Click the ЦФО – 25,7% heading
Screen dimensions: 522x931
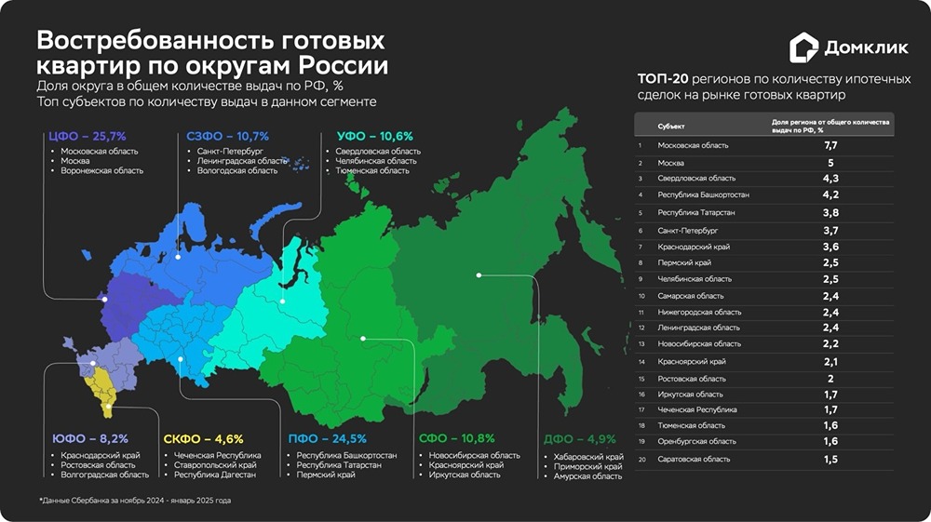(x=87, y=136)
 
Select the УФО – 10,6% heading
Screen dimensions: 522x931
(x=370, y=136)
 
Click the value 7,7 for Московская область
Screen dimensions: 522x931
(x=831, y=145)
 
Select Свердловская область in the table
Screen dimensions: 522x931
(x=696, y=178)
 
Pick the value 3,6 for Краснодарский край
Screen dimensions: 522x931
(x=831, y=246)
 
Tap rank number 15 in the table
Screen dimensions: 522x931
(x=641, y=379)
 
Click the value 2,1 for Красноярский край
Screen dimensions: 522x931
(x=831, y=362)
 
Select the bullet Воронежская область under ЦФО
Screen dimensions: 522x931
(x=102, y=171)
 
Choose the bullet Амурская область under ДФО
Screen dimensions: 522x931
(x=588, y=476)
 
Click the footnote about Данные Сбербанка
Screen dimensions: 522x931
(x=135, y=501)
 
